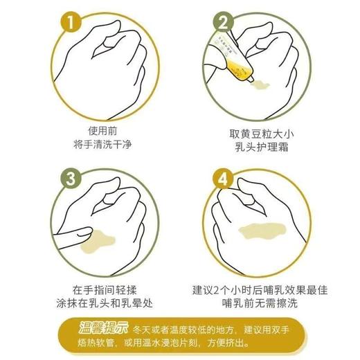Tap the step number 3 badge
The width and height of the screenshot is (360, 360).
click(x=71, y=179)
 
